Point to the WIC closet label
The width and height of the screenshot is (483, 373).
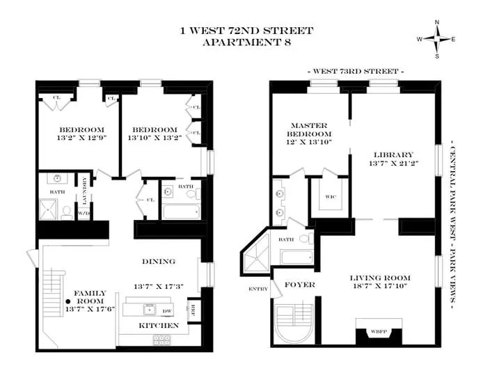tap(332, 196)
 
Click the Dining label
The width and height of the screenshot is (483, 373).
tap(159, 262)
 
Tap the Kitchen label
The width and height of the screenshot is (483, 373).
tap(159, 325)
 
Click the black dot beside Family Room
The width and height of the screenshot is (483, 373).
tap(69, 301)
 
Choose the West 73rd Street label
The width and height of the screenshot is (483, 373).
tap(355, 72)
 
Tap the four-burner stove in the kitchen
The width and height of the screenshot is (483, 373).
tap(161, 339)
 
